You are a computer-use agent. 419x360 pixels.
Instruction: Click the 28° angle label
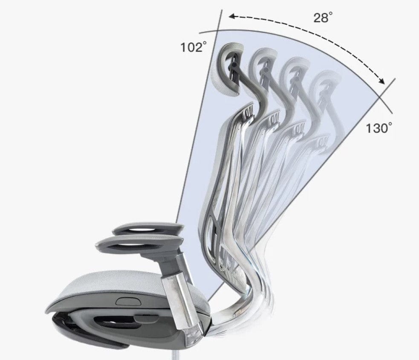[x=323, y=17]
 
